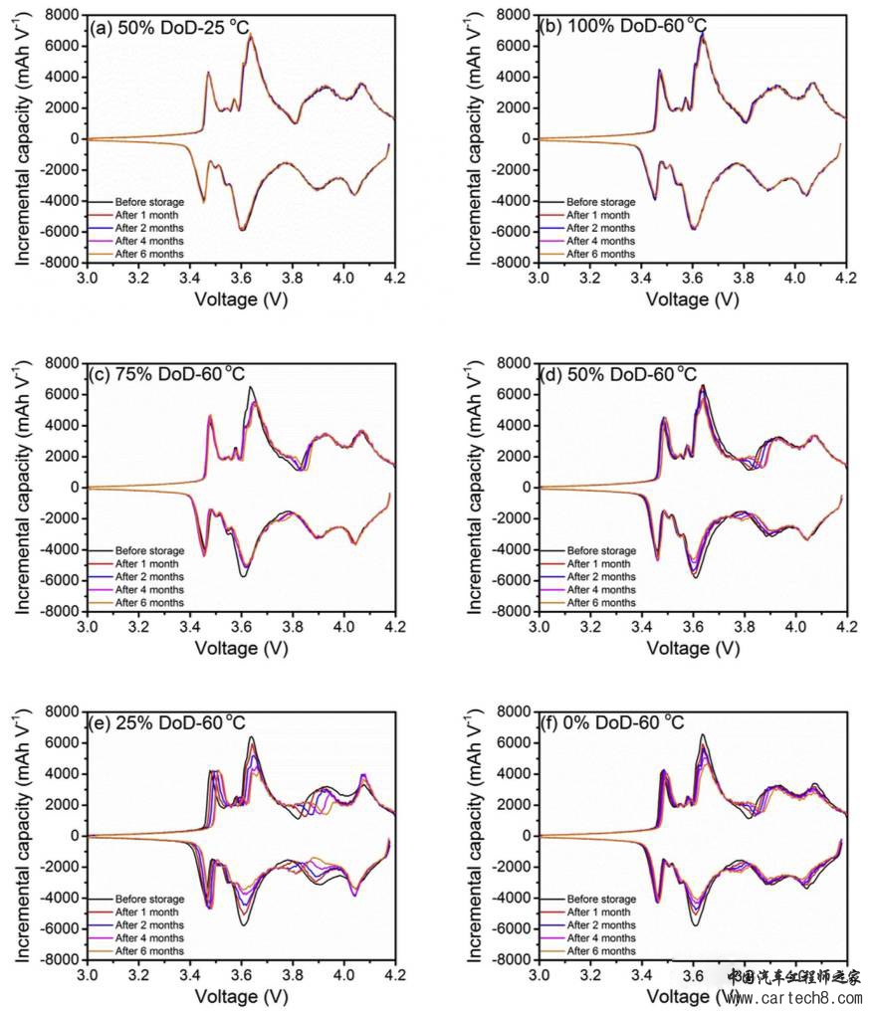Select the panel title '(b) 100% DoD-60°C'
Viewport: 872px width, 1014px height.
click(x=617, y=28)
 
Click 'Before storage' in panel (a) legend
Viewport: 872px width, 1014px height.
click(x=149, y=202)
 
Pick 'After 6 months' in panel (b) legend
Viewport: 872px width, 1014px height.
click(x=600, y=254)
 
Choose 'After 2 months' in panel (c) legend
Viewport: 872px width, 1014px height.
click(x=149, y=576)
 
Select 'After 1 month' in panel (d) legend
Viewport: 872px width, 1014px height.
click(x=598, y=563)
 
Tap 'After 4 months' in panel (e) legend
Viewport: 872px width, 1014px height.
click(x=149, y=937)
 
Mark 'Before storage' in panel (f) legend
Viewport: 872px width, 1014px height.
click(x=600, y=899)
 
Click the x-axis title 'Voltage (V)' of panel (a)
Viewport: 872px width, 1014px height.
click(x=241, y=299)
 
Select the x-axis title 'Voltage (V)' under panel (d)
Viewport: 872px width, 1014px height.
click(x=693, y=647)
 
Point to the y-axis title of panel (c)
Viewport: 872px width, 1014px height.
click(x=22, y=488)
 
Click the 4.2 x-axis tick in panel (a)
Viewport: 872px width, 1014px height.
click(x=395, y=278)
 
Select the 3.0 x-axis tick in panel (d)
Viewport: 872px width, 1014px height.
click(x=539, y=626)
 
